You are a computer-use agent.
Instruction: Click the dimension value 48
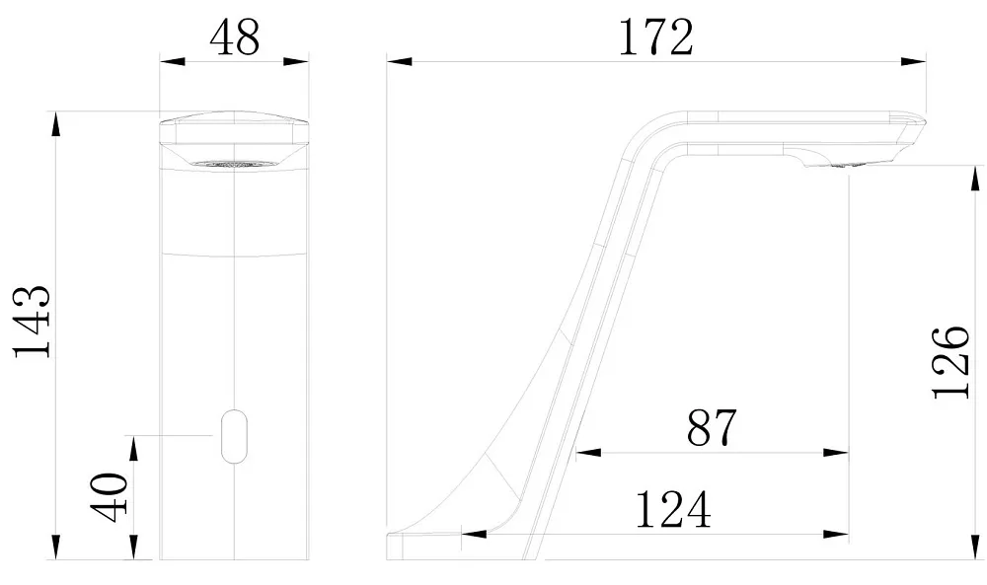point(234,37)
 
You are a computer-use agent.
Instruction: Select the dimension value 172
point(656,37)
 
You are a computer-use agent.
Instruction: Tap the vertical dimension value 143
point(33,322)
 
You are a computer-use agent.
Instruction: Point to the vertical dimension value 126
point(950,362)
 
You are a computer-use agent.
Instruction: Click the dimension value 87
point(712,428)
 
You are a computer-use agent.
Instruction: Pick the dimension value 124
point(673,509)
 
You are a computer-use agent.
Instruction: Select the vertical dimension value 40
point(109,497)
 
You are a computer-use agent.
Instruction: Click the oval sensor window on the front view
point(234,436)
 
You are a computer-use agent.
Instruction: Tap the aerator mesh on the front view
point(234,164)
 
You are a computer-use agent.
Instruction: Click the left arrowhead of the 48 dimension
point(172,61)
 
